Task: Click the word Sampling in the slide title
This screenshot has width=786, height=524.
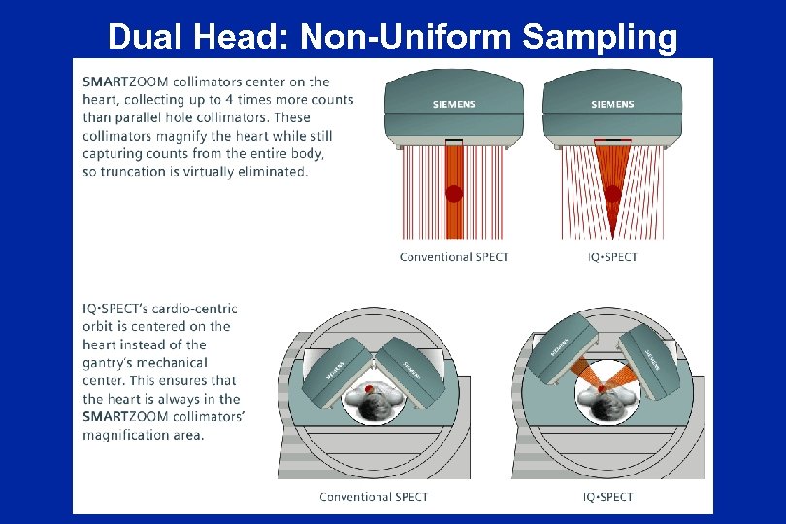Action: pyautogui.click(x=600, y=38)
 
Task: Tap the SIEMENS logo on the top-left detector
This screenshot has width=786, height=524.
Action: pyautogui.click(x=454, y=104)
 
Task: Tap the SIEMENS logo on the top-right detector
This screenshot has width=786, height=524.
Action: pyautogui.click(x=612, y=104)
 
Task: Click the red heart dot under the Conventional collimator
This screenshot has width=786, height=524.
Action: pyautogui.click(x=453, y=193)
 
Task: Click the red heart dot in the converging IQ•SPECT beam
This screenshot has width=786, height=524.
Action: pyautogui.click(x=612, y=194)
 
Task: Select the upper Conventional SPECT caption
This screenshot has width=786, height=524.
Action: pyautogui.click(x=453, y=257)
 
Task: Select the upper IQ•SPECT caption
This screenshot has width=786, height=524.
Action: pyautogui.click(x=612, y=257)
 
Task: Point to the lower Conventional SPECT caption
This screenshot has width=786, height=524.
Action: pyautogui.click(x=374, y=497)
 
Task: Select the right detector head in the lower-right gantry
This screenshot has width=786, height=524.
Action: pyautogui.click(x=650, y=355)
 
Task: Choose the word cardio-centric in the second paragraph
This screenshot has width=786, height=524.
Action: pyautogui.click(x=200, y=309)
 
